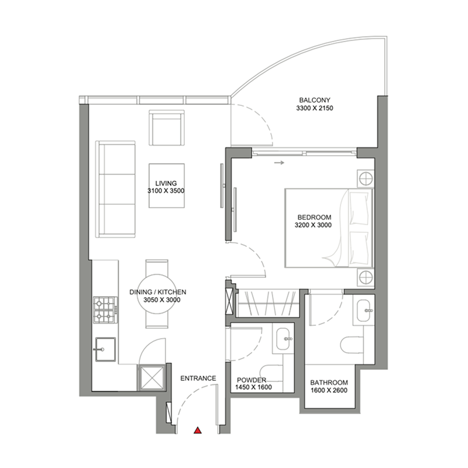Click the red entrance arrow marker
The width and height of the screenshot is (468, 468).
[198, 431]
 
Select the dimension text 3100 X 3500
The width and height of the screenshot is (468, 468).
[166, 191]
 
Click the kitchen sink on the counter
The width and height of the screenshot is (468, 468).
[105, 350]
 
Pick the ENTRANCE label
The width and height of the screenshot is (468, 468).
[198, 378]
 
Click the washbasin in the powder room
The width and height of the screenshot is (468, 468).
[285, 338]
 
